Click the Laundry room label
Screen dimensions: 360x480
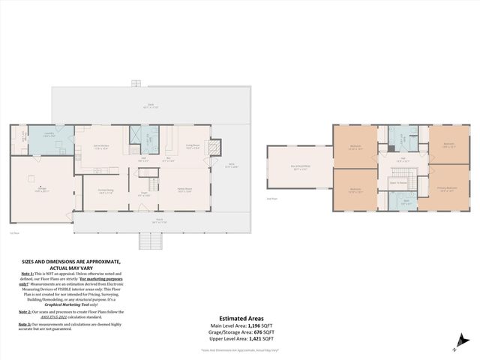[x=49, y=133]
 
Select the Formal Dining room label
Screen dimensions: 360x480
[x=105, y=190]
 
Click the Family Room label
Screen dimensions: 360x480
[x=184, y=190]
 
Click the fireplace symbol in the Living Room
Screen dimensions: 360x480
[x=216, y=148]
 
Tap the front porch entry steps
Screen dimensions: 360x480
[x=150, y=241]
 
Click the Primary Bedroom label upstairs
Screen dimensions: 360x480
[x=447, y=190]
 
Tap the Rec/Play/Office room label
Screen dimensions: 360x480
[x=301, y=169]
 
